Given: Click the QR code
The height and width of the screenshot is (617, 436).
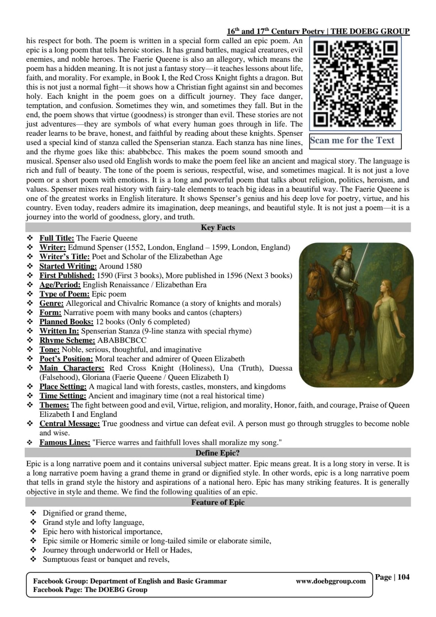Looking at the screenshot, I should (355, 83).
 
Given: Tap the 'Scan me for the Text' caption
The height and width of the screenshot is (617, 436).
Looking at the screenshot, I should (352, 141).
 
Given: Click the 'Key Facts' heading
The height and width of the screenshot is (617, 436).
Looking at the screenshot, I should (218, 228).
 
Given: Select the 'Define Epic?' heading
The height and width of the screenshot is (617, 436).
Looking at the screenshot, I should (218, 453).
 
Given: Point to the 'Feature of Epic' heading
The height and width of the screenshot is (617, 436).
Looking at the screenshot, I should (218, 502).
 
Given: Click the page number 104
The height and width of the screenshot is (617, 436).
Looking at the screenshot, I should (403, 577).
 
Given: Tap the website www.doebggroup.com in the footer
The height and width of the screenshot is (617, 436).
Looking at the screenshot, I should (331, 581).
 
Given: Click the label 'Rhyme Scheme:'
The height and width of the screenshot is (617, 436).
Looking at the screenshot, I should (67, 341).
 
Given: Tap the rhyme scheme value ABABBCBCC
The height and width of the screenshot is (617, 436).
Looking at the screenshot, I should (122, 341).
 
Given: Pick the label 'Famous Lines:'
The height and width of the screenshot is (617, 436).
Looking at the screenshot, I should (65, 442).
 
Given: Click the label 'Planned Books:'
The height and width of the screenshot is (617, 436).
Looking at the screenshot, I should (66, 322).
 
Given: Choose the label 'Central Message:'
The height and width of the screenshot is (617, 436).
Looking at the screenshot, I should (69, 424).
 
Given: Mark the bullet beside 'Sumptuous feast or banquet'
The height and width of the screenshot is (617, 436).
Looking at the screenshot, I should (33, 560).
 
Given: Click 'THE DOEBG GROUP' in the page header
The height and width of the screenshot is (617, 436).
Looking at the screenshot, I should (370, 32).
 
